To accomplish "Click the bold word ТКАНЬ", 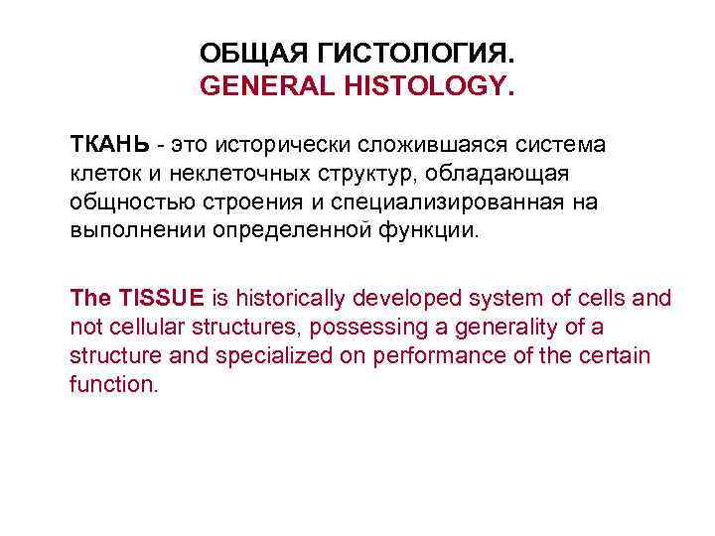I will coord(109,145).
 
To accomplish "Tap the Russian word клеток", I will coord(102,175).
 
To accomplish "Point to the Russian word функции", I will coord(432,232).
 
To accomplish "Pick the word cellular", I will coord(136,327).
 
